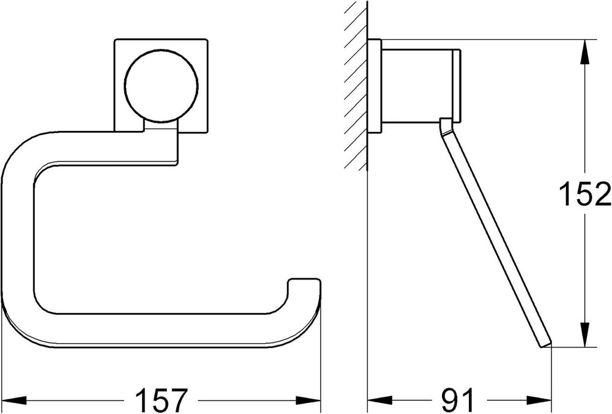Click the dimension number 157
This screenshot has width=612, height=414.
click(161, 399)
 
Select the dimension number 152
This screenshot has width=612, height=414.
click(584, 193)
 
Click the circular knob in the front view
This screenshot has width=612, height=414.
click(161, 85)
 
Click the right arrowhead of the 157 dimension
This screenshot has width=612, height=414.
click(308, 399)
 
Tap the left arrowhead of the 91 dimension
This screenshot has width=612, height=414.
click(380, 399)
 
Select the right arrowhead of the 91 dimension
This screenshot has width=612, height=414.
click(539, 399)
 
